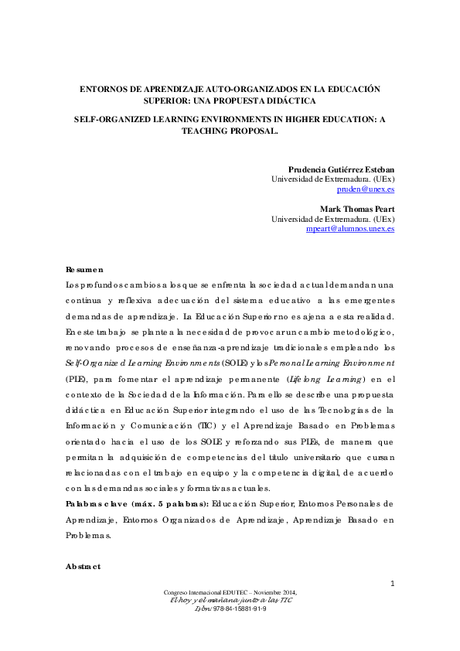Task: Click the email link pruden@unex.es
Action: point(366,189)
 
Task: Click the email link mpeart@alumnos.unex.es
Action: point(350,229)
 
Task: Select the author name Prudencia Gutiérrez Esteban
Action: point(341,169)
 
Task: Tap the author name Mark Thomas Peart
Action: point(357,209)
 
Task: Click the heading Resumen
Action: point(84,269)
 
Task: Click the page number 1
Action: point(393,583)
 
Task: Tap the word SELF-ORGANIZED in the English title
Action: point(109,121)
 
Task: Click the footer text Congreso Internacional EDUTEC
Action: point(207,592)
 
